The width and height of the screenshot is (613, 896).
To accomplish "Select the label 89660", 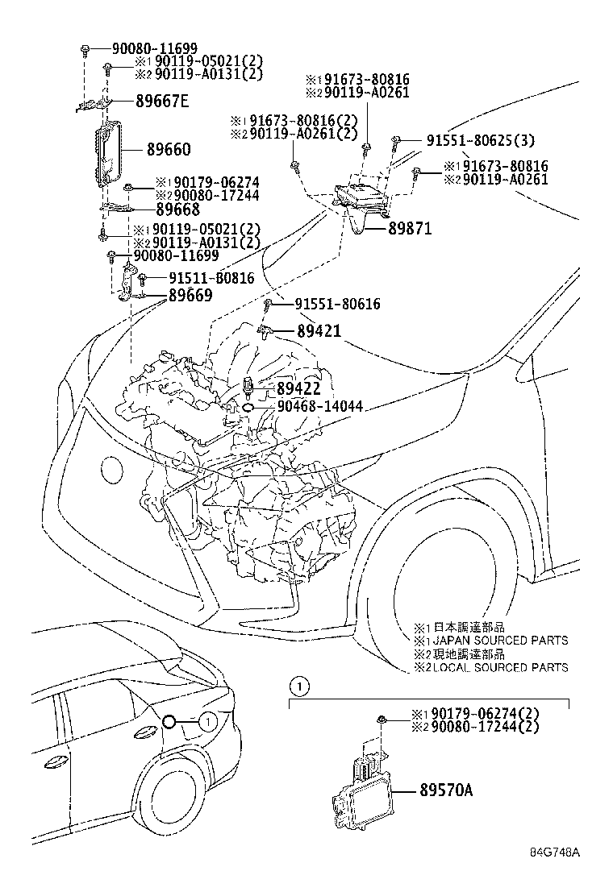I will pyautogui.click(x=169, y=150).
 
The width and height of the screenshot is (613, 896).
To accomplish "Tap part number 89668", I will pyautogui.click(x=177, y=209).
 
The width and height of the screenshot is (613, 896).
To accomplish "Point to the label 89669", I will pyautogui.click(x=190, y=295).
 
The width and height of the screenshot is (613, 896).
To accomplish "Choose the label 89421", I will pyautogui.click(x=318, y=330).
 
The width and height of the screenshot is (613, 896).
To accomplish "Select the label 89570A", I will pyautogui.click(x=446, y=790).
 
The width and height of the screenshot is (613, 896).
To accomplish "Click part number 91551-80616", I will pyautogui.click(x=337, y=304).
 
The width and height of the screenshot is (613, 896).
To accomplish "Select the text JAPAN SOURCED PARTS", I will pyautogui.click(x=497, y=641).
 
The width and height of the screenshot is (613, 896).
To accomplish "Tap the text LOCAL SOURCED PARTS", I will pyautogui.click(x=497, y=667).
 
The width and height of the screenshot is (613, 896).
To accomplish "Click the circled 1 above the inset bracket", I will pyautogui.click(x=299, y=687).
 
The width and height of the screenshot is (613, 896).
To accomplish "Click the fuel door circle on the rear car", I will pyautogui.click(x=169, y=721).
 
